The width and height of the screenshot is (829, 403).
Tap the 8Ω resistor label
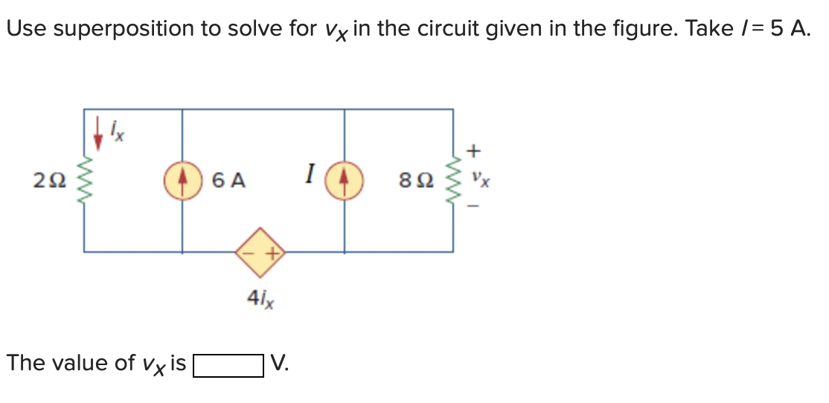[415, 180]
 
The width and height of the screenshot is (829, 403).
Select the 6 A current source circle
[183, 180]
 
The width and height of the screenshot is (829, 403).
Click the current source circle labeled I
[345, 180]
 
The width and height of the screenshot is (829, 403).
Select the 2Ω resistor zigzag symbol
[83, 180]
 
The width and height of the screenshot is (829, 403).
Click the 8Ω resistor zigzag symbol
[453, 180]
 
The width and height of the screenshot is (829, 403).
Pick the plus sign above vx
[473, 152]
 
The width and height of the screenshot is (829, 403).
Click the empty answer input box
[228, 364]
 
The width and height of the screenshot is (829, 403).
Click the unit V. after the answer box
[279, 364]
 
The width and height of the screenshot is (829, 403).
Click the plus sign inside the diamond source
[272, 253]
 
